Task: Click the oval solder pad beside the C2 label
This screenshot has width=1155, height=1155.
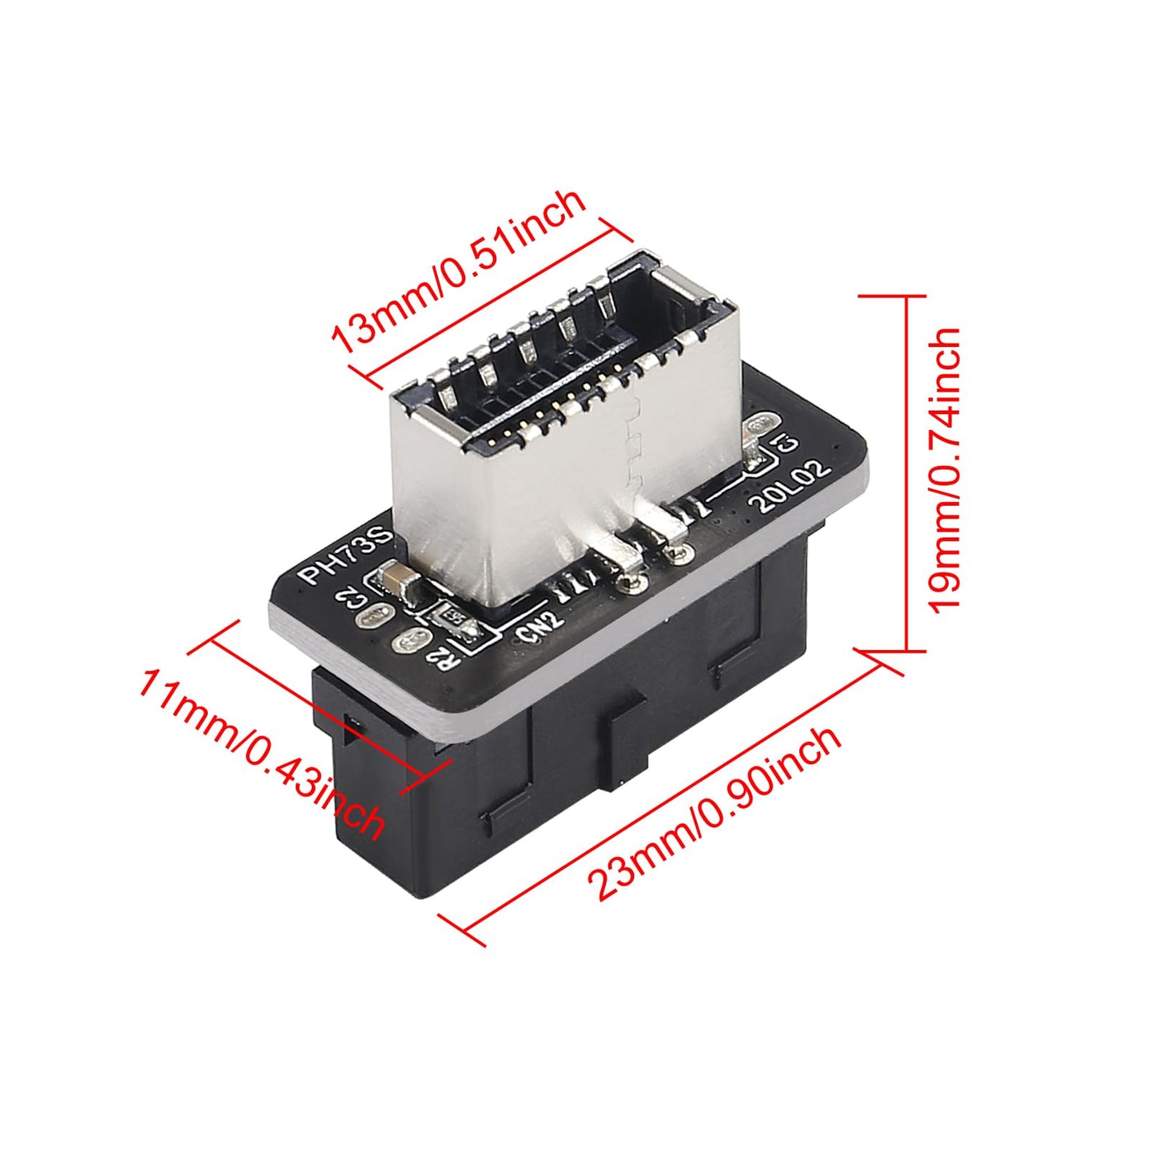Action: click(375, 617)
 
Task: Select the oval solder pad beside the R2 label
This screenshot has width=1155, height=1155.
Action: click(408, 641)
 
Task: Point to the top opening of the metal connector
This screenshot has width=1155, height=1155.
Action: click(576, 353)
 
